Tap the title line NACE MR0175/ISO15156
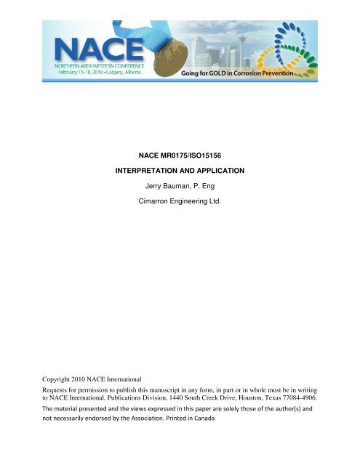pos(180,154)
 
